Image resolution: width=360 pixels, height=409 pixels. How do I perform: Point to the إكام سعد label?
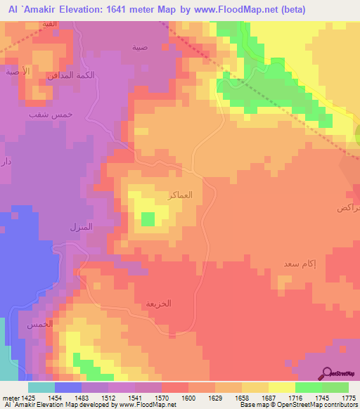(280, 264)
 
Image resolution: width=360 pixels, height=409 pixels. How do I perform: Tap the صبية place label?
(140, 48)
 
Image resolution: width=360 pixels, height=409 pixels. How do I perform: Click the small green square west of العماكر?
(148, 219)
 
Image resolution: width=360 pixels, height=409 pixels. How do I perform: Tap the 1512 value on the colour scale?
(109, 397)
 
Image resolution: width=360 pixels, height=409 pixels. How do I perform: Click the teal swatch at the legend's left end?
(41, 387)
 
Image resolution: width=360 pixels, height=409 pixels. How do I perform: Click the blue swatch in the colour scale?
(68, 387)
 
